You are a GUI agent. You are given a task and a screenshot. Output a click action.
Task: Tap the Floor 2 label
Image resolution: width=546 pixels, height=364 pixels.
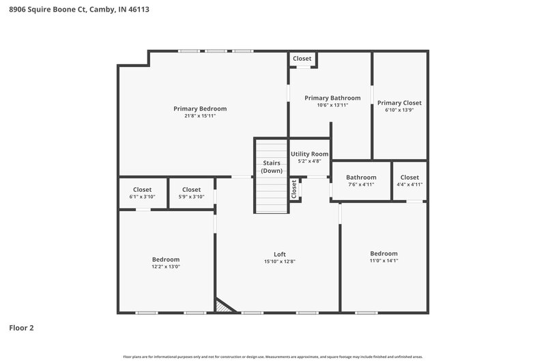tap(21, 328)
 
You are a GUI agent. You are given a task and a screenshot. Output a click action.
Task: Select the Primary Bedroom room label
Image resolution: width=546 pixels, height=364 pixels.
tap(200, 109)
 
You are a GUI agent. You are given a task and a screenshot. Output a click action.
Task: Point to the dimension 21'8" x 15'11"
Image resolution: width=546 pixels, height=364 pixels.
tap(200, 116)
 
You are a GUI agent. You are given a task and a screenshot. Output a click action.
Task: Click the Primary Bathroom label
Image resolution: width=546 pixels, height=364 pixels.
tap(332, 98)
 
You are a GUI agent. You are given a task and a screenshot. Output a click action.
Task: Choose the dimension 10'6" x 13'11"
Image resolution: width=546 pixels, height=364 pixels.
tap(332, 105)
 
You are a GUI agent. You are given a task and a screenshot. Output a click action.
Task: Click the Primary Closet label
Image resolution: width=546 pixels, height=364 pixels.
tap(399, 103)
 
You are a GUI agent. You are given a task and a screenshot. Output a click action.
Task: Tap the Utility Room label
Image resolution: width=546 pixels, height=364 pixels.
tap(310, 154)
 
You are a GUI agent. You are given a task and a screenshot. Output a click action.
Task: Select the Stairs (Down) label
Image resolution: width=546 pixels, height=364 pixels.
tap(272, 167)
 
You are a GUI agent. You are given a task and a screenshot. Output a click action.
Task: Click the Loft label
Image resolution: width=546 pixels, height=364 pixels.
tap(280, 254)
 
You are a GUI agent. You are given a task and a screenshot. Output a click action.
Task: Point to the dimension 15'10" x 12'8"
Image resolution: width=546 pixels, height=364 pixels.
tap(280, 262)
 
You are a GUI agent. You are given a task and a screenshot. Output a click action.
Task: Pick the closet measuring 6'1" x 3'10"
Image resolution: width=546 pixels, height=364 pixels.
tap(142, 193)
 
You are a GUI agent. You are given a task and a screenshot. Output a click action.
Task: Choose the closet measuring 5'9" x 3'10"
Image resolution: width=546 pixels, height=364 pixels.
tap(191, 193)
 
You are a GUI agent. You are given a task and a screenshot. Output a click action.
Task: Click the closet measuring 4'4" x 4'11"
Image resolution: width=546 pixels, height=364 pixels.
tap(409, 181)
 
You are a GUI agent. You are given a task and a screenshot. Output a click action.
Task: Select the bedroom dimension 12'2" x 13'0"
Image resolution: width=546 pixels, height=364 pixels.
tap(166, 266)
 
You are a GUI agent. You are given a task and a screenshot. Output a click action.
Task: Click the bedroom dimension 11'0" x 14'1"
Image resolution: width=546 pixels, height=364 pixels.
tap(383, 260)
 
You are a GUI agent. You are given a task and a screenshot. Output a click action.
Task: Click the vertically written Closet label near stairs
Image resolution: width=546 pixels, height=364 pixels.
tap(293, 189)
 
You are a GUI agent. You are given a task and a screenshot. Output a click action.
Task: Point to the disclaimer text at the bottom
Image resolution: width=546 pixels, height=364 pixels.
tap(273, 356)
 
